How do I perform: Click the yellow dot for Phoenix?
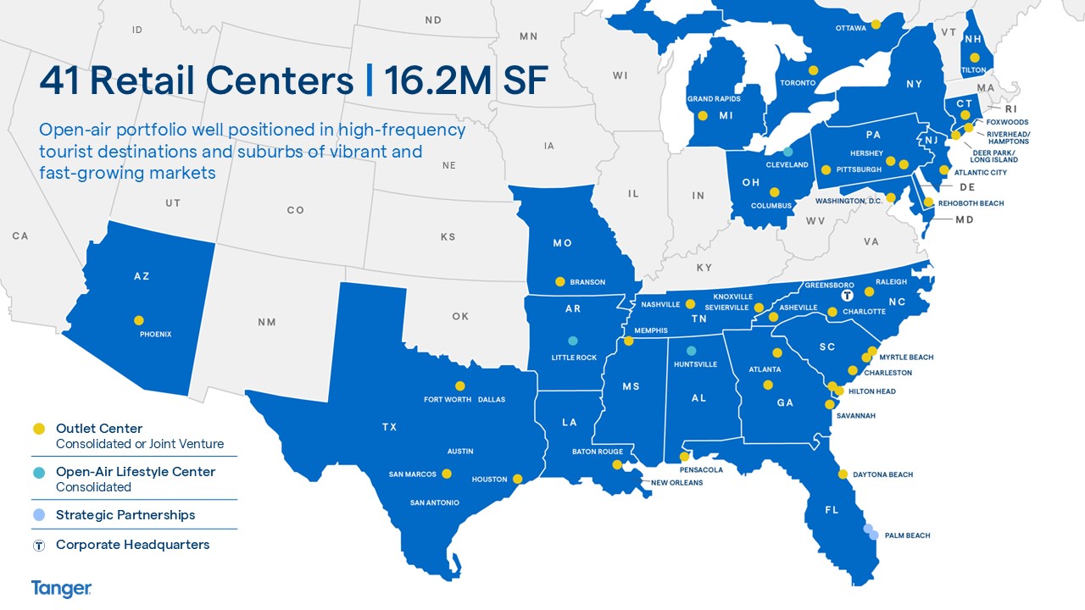(139, 320)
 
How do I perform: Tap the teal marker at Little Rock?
(573, 341)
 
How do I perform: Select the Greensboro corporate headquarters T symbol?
(846, 297)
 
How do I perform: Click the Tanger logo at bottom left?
(61, 588)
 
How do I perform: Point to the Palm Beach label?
(907, 535)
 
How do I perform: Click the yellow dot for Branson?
(559, 281)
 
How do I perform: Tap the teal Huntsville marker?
(691, 351)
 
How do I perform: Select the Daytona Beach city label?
(882, 475)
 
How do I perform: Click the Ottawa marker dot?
(876, 24)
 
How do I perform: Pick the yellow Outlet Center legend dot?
(39, 429)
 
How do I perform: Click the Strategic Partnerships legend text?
(125, 515)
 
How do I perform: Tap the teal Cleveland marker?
(787, 152)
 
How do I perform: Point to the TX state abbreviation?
(389, 427)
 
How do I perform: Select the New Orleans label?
(676, 483)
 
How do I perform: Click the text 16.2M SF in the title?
(466, 80)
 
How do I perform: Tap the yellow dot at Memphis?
(629, 341)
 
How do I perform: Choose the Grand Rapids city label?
(713, 99)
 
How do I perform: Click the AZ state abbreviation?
(142, 276)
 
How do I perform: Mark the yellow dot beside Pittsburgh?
(826, 169)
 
